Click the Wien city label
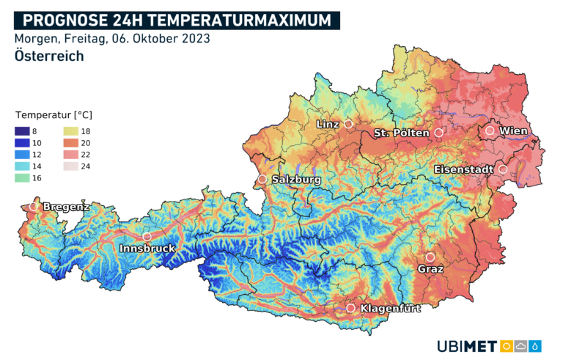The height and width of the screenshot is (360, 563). click(513, 131)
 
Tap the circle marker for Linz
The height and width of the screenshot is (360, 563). click(348, 125)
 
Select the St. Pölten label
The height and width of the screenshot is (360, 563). click(402, 133)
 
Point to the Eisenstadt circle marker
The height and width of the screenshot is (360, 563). click(503, 169)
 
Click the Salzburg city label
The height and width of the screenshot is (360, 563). click(296, 179)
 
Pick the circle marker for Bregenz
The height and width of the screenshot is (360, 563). click(33, 207)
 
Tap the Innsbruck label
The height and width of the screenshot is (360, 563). click(147, 249)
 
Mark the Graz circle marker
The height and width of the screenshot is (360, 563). click(430, 257)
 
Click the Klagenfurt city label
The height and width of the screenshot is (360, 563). click(391, 309)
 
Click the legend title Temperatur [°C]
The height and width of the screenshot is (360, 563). click(54, 115)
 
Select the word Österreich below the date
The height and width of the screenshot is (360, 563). click(48, 56)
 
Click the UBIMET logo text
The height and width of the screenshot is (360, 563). click(466, 345)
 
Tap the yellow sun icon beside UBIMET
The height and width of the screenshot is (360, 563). click(506, 345)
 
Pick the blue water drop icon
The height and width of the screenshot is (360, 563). click(537, 345)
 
